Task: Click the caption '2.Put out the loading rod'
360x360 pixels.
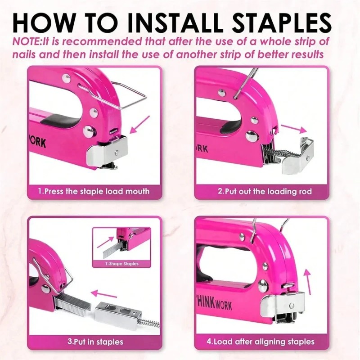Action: [265, 191]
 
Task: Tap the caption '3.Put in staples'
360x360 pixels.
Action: [95, 342]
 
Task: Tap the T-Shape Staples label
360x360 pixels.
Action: [121, 264]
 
